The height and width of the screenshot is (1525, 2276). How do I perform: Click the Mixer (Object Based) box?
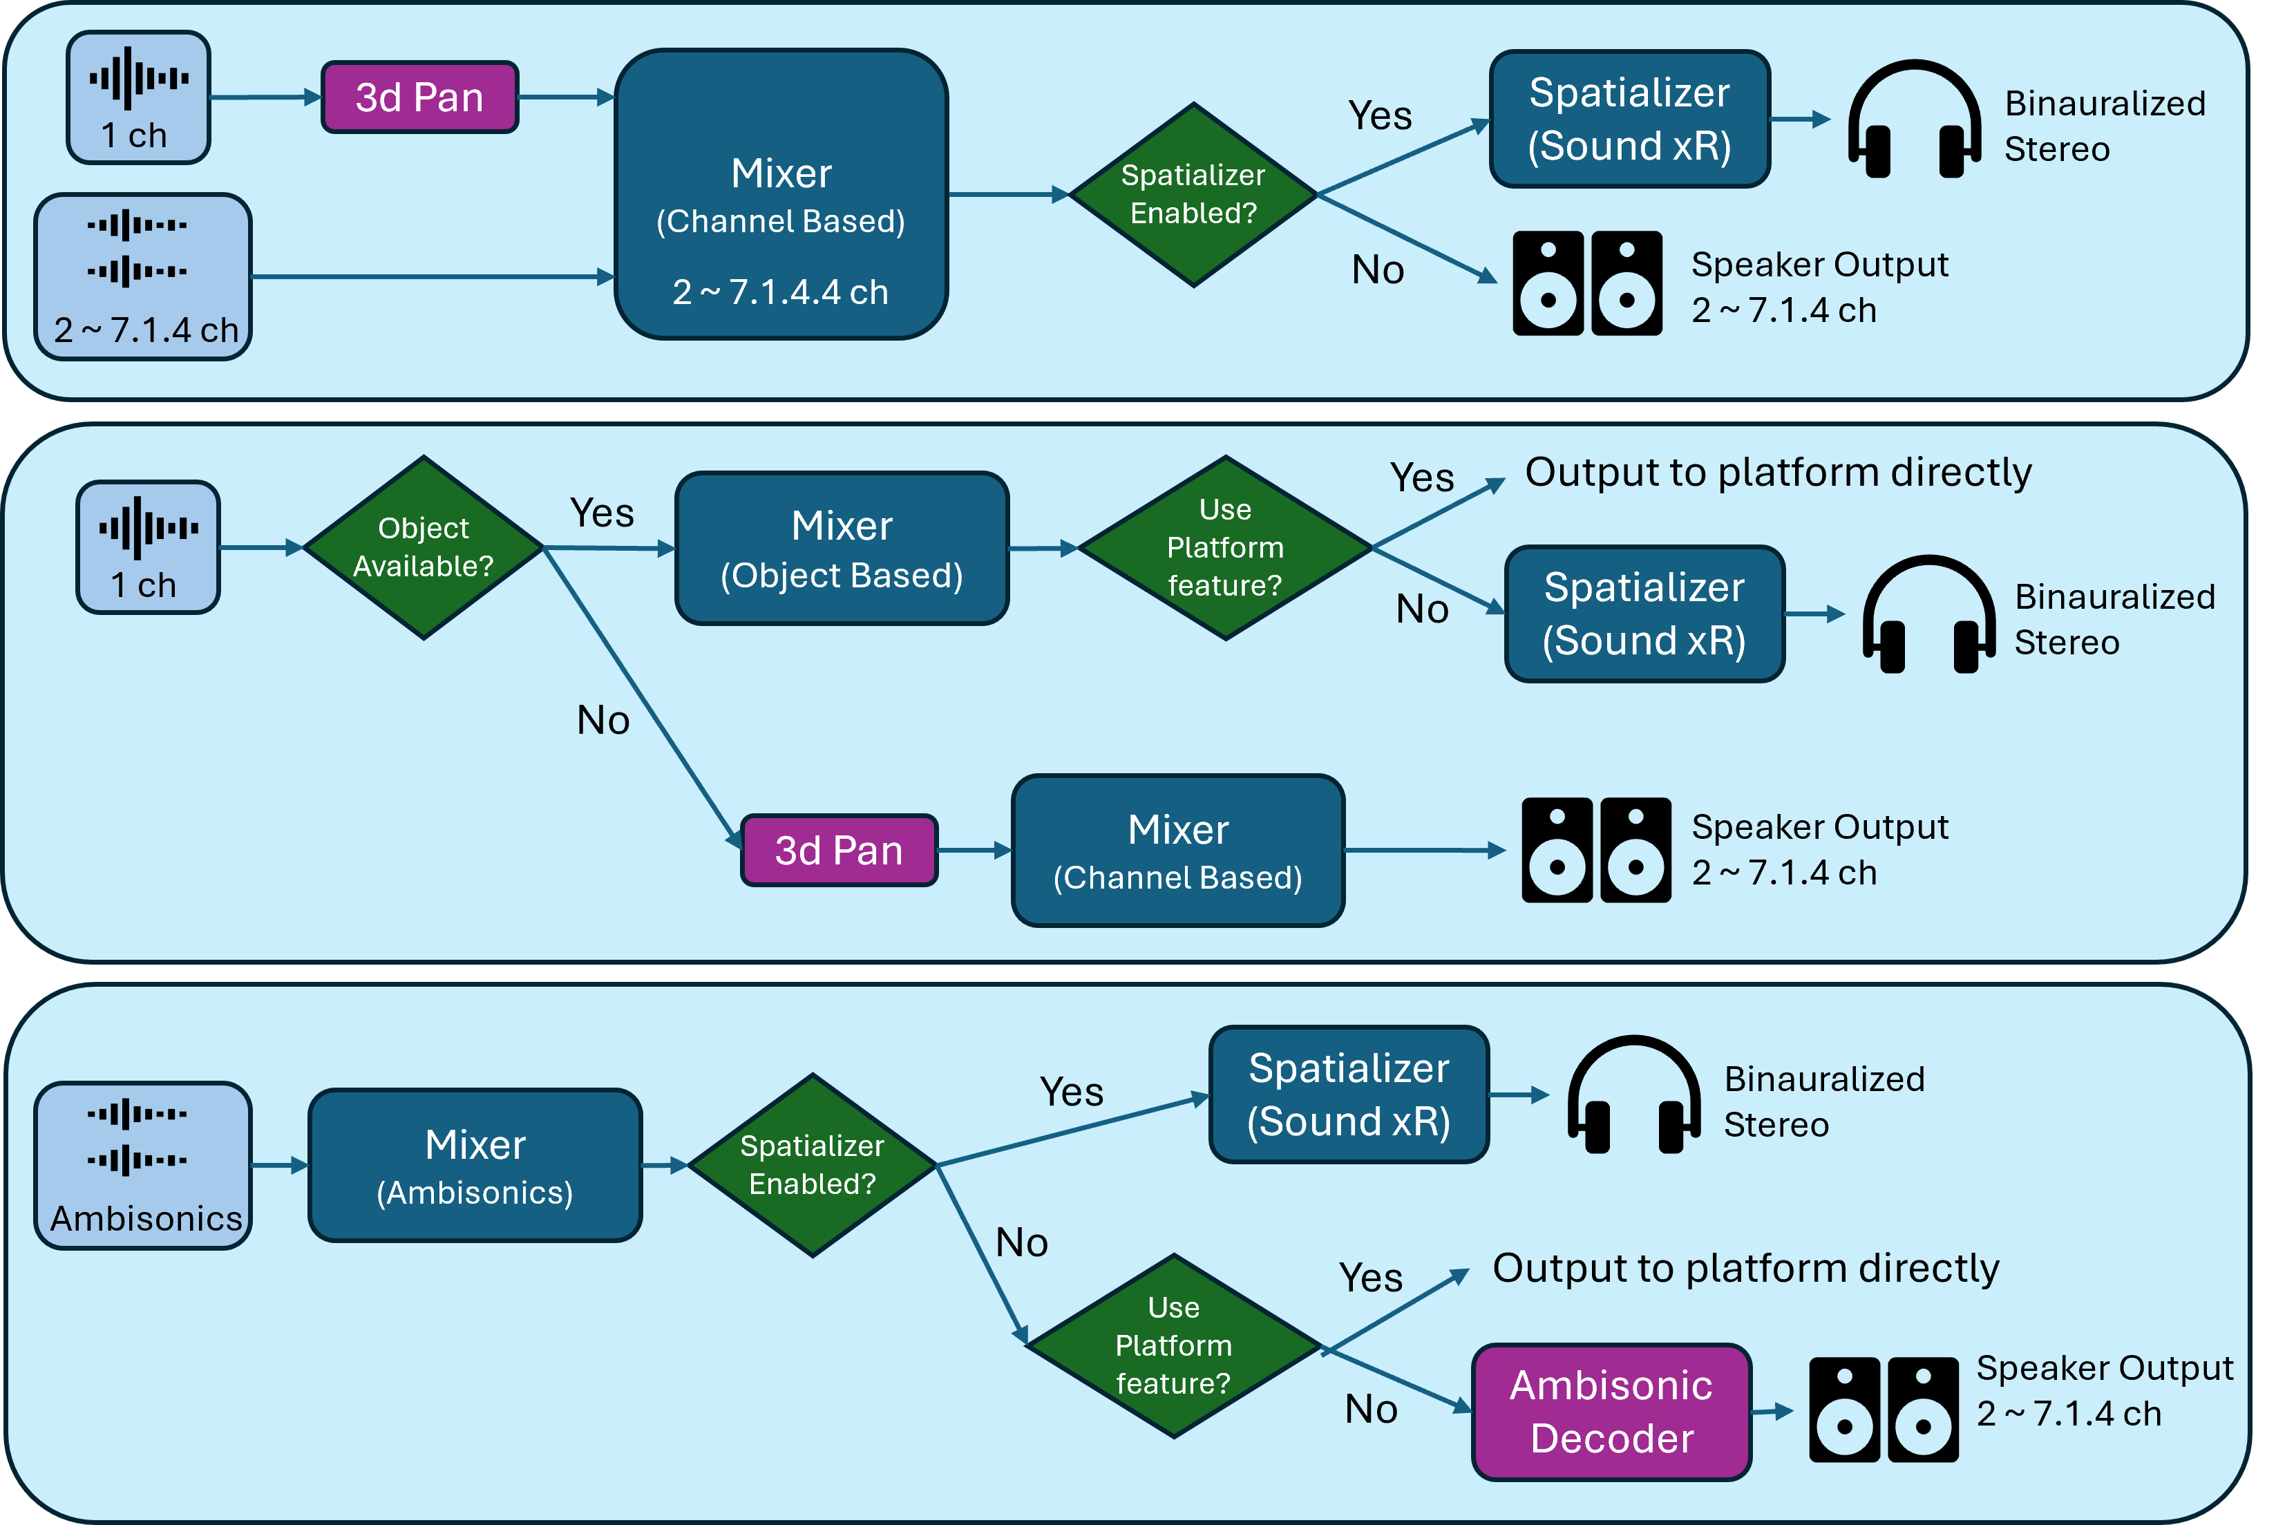(842, 549)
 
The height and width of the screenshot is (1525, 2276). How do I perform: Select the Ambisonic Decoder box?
(1611, 1411)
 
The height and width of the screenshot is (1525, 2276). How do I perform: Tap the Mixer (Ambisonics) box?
(475, 1165)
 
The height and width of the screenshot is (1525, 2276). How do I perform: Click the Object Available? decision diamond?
(423, 547)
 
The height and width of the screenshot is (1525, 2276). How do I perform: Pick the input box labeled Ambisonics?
(143, 1165)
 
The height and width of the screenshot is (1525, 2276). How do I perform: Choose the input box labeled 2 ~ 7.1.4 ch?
(143, 277)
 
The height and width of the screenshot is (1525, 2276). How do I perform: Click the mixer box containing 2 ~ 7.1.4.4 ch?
(781, 195)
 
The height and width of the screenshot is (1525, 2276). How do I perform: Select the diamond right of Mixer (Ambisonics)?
(812, 1165)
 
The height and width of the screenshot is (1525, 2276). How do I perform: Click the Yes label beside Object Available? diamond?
(602, 513)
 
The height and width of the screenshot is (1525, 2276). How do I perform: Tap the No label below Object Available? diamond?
(603, 721)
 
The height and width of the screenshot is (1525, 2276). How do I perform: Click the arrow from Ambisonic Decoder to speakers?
(1772, 1411)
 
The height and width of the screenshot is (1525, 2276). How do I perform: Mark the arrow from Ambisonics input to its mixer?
(280, 1165)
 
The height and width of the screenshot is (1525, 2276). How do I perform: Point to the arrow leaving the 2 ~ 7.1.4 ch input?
(433, 277)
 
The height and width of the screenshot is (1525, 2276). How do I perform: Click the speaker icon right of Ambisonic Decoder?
(1884, 1410)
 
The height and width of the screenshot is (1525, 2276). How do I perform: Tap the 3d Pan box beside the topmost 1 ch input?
(419, 97)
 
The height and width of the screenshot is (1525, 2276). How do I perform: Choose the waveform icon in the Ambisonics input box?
(137, 1136)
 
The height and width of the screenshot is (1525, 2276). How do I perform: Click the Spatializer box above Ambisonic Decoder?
(1349, 1094)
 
